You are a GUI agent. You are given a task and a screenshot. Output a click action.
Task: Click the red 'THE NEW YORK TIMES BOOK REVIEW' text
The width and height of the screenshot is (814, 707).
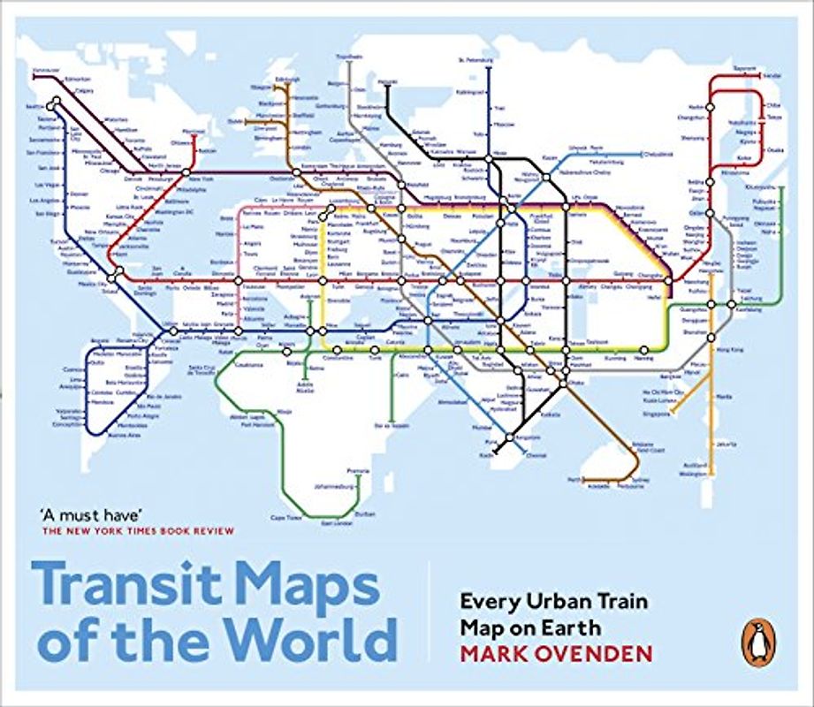coord(138,531)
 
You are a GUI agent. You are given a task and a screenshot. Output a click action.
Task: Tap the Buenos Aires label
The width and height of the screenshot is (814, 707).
coord(122,436)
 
